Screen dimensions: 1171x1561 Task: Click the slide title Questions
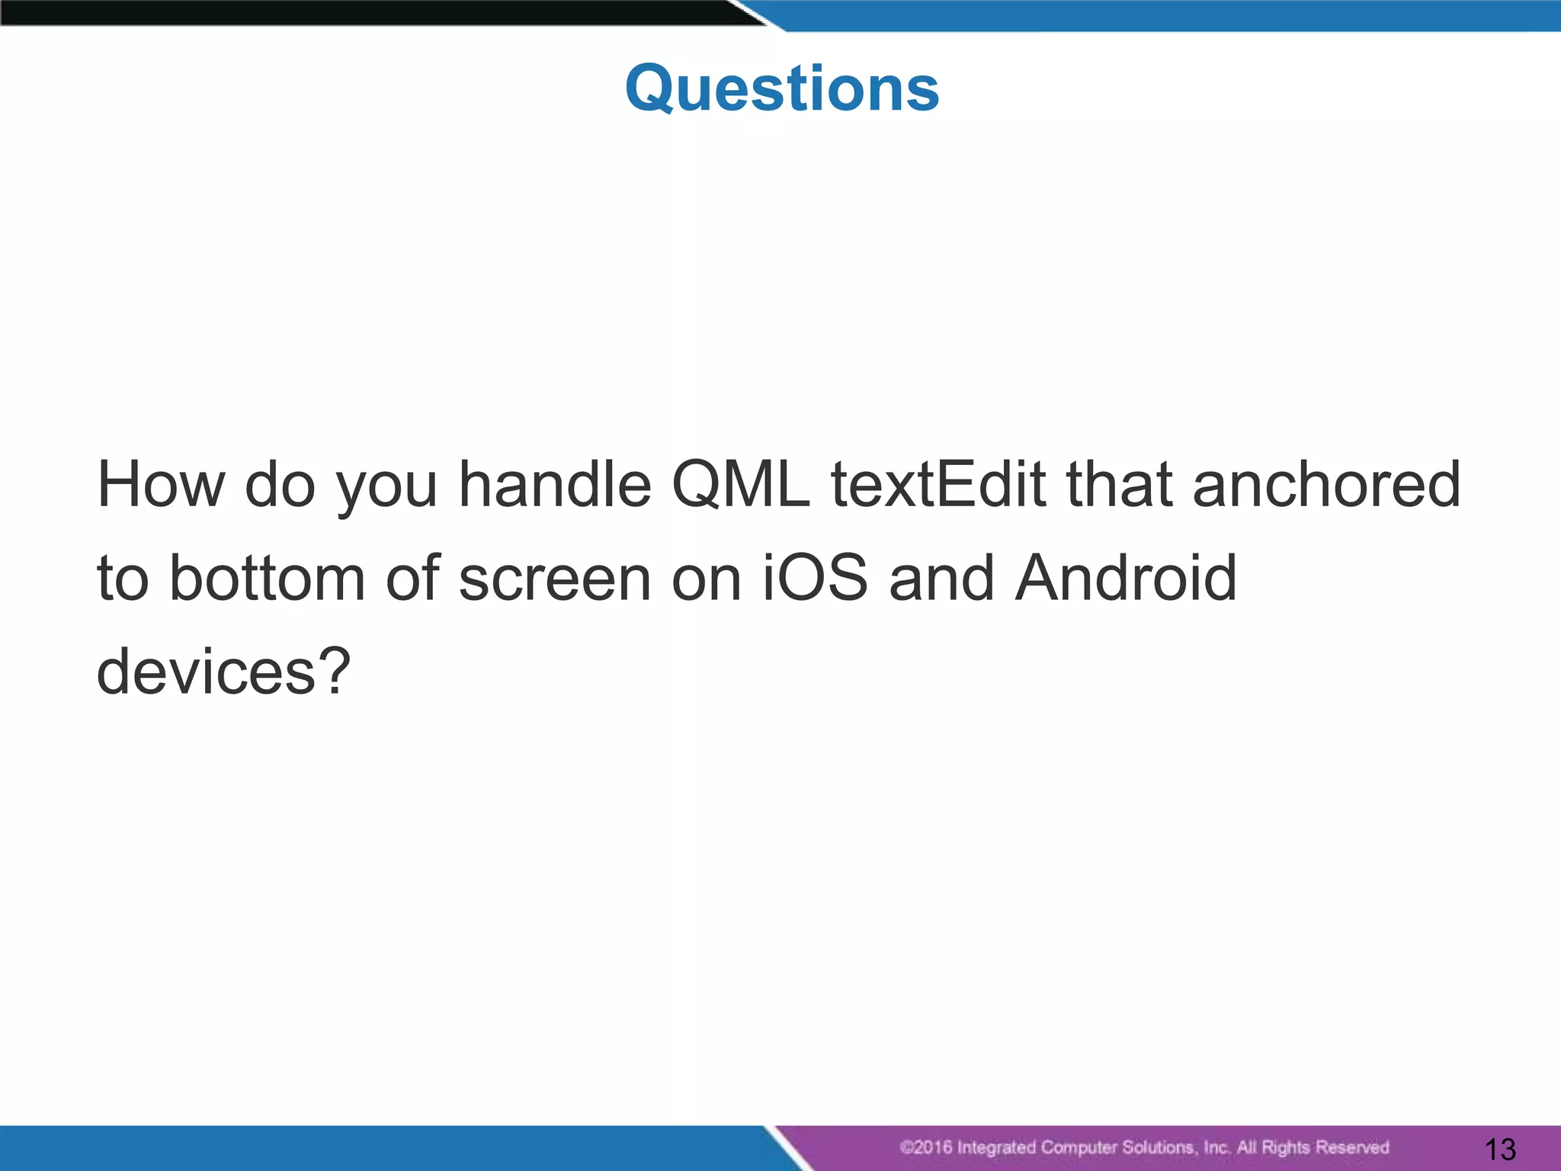(x=781, y=89)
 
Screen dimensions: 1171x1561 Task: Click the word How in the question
(x=161, y=485)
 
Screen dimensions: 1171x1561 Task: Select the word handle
(x=555, y=485)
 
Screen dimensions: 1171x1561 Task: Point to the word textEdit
(x=938, y=485)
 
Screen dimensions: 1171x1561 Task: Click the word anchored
(x=1326, y=485)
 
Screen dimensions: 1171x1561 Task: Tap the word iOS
(x=815, y=579)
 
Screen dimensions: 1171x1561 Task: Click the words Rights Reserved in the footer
(x=1325, y=1147)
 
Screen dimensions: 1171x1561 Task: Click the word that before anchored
(x=1120, y=485)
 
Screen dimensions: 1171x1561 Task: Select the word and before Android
(x=941, y=579)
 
